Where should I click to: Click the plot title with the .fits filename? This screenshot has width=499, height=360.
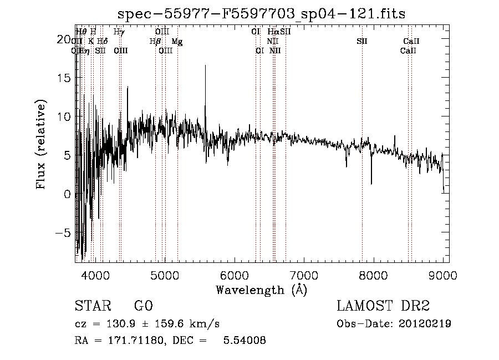[262, 14]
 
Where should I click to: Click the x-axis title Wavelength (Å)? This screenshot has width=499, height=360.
[261, 290]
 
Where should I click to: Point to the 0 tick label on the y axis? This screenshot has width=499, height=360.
[67, 195]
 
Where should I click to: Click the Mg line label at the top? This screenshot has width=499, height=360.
[177, 42]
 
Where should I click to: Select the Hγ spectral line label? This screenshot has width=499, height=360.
[119, 32]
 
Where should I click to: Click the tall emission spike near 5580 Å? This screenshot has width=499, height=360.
[206, 66]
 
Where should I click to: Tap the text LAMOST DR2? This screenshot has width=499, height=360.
[383, 307]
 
